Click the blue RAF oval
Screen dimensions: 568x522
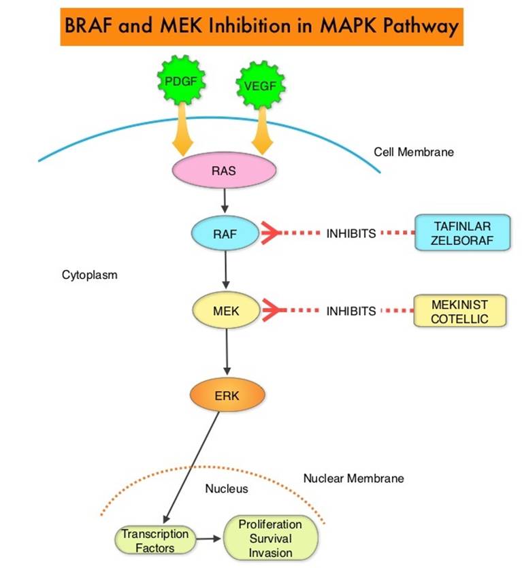coord(224,233)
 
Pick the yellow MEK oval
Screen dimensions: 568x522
coord(224,311)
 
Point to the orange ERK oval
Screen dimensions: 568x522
coord(224,394)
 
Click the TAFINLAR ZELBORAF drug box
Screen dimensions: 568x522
coord(461,233)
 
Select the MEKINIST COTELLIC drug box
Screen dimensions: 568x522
coord(460,311)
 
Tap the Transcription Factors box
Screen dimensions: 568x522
coord(154,541)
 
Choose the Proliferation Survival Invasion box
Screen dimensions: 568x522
coord(270,537)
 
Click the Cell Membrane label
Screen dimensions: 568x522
coord(413,152)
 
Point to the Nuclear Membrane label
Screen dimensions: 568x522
coord(353,478)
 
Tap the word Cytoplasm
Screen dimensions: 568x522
coord(89,275)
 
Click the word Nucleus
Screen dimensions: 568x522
coord(227,488)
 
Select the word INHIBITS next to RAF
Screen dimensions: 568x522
coord(350,233)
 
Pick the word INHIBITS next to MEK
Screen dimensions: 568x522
coord(350,311)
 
